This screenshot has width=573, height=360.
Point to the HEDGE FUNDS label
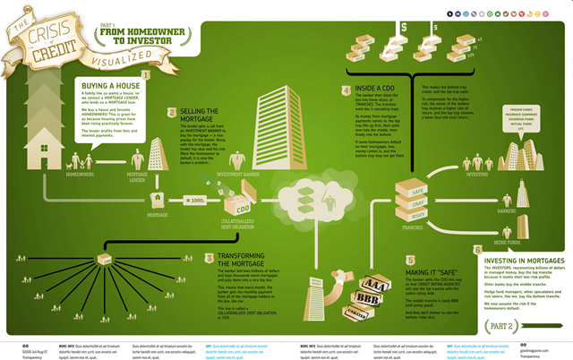(x=506, y=241)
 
